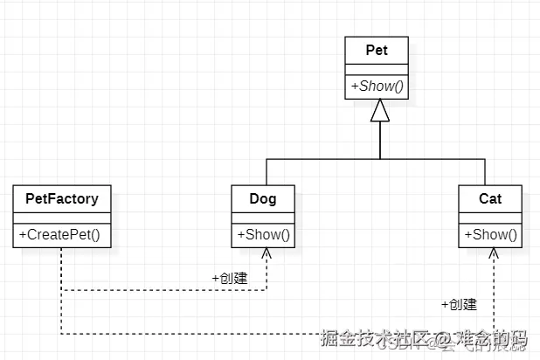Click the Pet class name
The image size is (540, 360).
(x=378, y=50)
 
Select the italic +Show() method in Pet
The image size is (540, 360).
(x=378, y=87)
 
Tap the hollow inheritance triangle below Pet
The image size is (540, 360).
(x=378, y=111)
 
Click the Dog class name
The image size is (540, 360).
(x=263, y=198)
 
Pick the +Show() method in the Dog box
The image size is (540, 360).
(x=263, y=234)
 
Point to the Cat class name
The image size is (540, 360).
(x=490, y=198)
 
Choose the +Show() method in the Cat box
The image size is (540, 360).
(x=490, y=234)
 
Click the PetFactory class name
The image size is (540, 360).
(x=61, y=198)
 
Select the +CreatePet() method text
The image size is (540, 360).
(x=61, y=234)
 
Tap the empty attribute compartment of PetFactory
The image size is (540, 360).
(x=61, y=217)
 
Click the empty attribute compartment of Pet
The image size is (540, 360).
(x=378, y=69)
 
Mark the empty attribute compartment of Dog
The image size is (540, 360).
(x=263, y=217)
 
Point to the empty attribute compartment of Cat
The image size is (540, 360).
(x=490, y=217)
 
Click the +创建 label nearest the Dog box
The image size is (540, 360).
(x=229, y=277)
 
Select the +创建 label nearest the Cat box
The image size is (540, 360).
(x=459, y=304)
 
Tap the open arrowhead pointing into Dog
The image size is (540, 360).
(x=267, y=252)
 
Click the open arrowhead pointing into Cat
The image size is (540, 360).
(x=494, y=252)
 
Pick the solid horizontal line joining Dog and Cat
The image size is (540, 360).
(x=323, y=159)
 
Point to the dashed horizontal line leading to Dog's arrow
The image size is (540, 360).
(x=157, y=289)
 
